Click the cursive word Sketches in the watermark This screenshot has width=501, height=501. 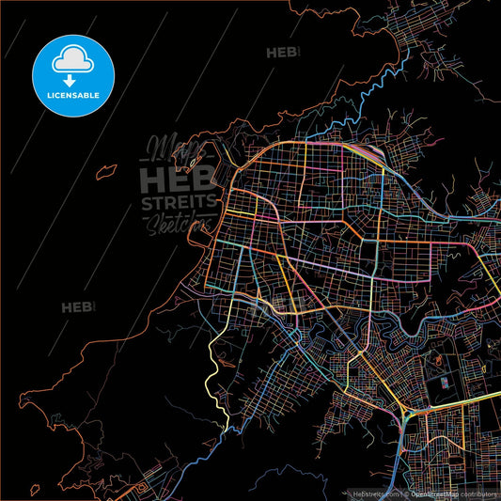coord(176,222)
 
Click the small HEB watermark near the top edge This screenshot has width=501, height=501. coord(282,54)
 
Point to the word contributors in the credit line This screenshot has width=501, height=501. coord(477,492)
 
